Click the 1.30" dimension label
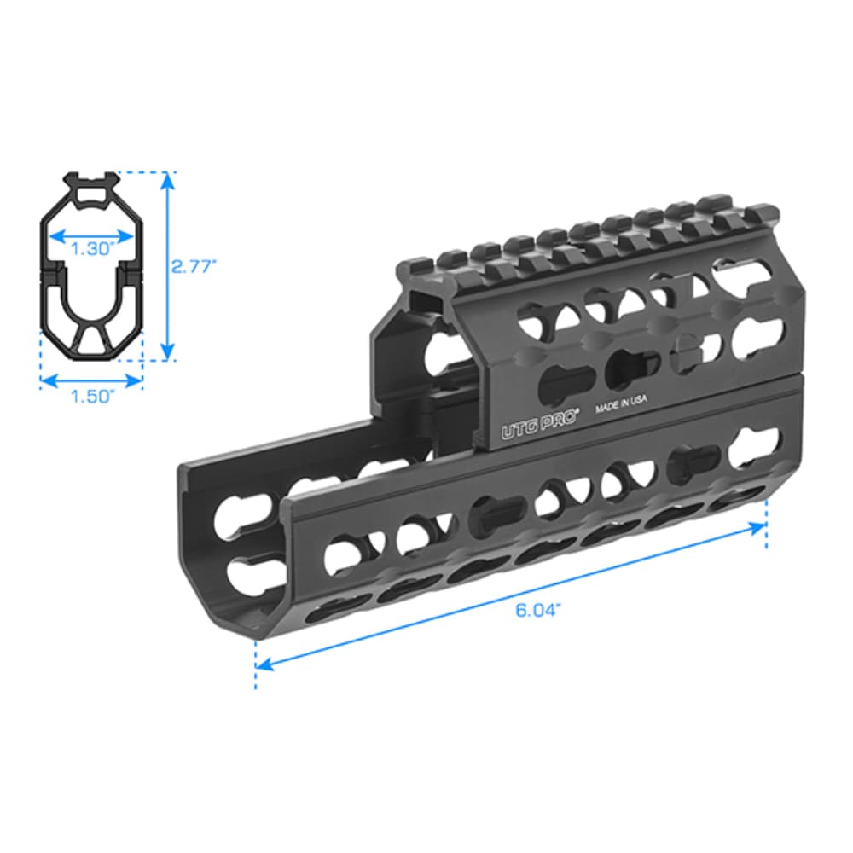pos(92,249)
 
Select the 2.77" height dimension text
pos(194,265)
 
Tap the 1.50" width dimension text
pos(92,397)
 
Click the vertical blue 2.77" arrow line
pos(168,265)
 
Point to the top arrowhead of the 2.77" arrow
pos(168,177)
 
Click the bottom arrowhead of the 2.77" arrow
pos(168,354)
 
